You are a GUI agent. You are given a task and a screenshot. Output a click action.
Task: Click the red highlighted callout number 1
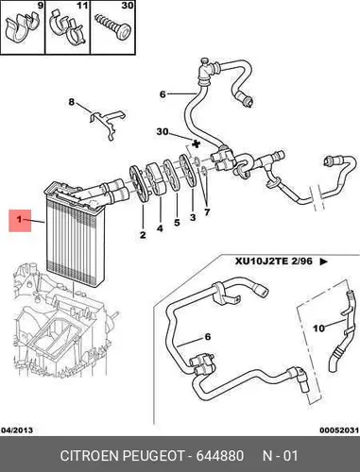[x=20, y=219]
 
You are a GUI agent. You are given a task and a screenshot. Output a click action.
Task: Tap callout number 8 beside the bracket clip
[x=72, y=102]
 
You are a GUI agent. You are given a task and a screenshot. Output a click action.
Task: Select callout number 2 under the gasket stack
[x=143, y=235]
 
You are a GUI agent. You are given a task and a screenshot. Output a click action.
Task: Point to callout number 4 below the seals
[x=160, y=228]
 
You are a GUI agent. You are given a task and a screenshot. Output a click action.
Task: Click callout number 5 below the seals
[x=177, y=222]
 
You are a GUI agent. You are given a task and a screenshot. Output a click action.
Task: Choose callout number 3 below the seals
[x=193, y=217]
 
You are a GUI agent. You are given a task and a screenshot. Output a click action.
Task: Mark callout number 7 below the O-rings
[x=207, y=212]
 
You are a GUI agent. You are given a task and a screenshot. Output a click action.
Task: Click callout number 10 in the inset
[x=318, y=329]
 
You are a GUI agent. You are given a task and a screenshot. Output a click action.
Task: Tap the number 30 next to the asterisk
[x=163, y=131]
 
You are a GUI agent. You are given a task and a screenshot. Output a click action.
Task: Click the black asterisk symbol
[x=196, y=144]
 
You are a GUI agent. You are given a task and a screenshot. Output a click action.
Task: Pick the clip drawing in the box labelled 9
[x=24, y=27]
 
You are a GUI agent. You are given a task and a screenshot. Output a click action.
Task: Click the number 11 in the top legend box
[x=82, y=6]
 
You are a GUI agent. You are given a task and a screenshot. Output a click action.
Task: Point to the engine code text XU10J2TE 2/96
[x=274, y=261]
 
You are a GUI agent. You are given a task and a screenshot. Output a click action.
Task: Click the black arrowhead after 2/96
[x=324, y=261]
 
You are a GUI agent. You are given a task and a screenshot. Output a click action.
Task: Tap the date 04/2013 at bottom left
[x=17, y=430]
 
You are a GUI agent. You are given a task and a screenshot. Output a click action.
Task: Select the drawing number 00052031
[x=339, y=430]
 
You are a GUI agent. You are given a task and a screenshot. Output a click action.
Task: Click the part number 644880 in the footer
[x=220, y=456]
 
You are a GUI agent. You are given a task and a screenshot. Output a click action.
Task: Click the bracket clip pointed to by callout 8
[x=107, y=124]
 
